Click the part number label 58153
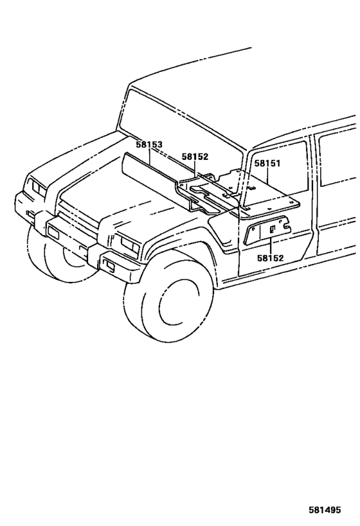149,146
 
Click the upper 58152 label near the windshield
195,156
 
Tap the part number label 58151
267,164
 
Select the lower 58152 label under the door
270,258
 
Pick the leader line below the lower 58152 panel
270,245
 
